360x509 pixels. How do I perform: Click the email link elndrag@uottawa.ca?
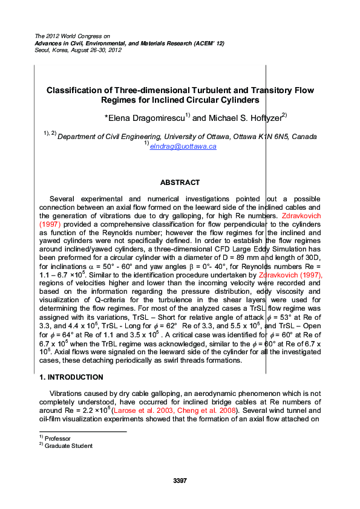(183, 146)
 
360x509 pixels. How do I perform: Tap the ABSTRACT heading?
(180, 183)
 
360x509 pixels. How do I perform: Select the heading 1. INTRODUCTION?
(64, 377)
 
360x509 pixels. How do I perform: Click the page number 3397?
(180, 481)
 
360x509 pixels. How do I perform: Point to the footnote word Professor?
(58, 438)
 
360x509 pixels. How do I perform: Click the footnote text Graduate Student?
(68, 446)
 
